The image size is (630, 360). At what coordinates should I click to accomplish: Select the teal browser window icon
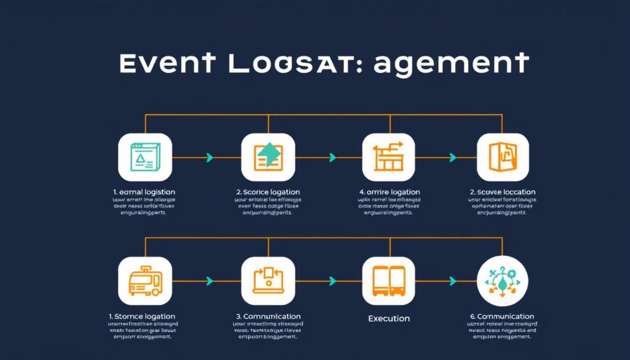(145, 157)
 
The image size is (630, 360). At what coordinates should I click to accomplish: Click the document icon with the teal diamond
(268, 157)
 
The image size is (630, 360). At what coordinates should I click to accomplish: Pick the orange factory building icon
(388, 157)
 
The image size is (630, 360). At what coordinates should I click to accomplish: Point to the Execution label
(388, 318)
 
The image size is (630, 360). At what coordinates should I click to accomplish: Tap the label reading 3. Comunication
(268, 316)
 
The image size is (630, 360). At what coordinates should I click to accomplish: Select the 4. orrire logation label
(389, 192)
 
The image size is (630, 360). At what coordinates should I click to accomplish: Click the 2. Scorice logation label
(268, 192)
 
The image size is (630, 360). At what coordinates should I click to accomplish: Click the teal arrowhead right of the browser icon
(210, 158)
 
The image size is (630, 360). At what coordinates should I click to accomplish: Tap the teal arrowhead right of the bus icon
(210, 281)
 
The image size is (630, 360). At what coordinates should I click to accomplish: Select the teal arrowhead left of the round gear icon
(453, 281)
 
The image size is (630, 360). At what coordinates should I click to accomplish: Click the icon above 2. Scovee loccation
(503, 157)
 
